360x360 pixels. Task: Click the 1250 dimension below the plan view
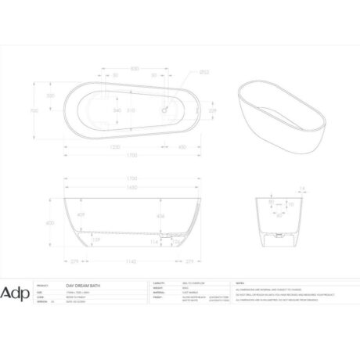114,146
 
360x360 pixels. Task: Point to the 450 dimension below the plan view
182,146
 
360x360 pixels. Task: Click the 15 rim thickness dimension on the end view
301,189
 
